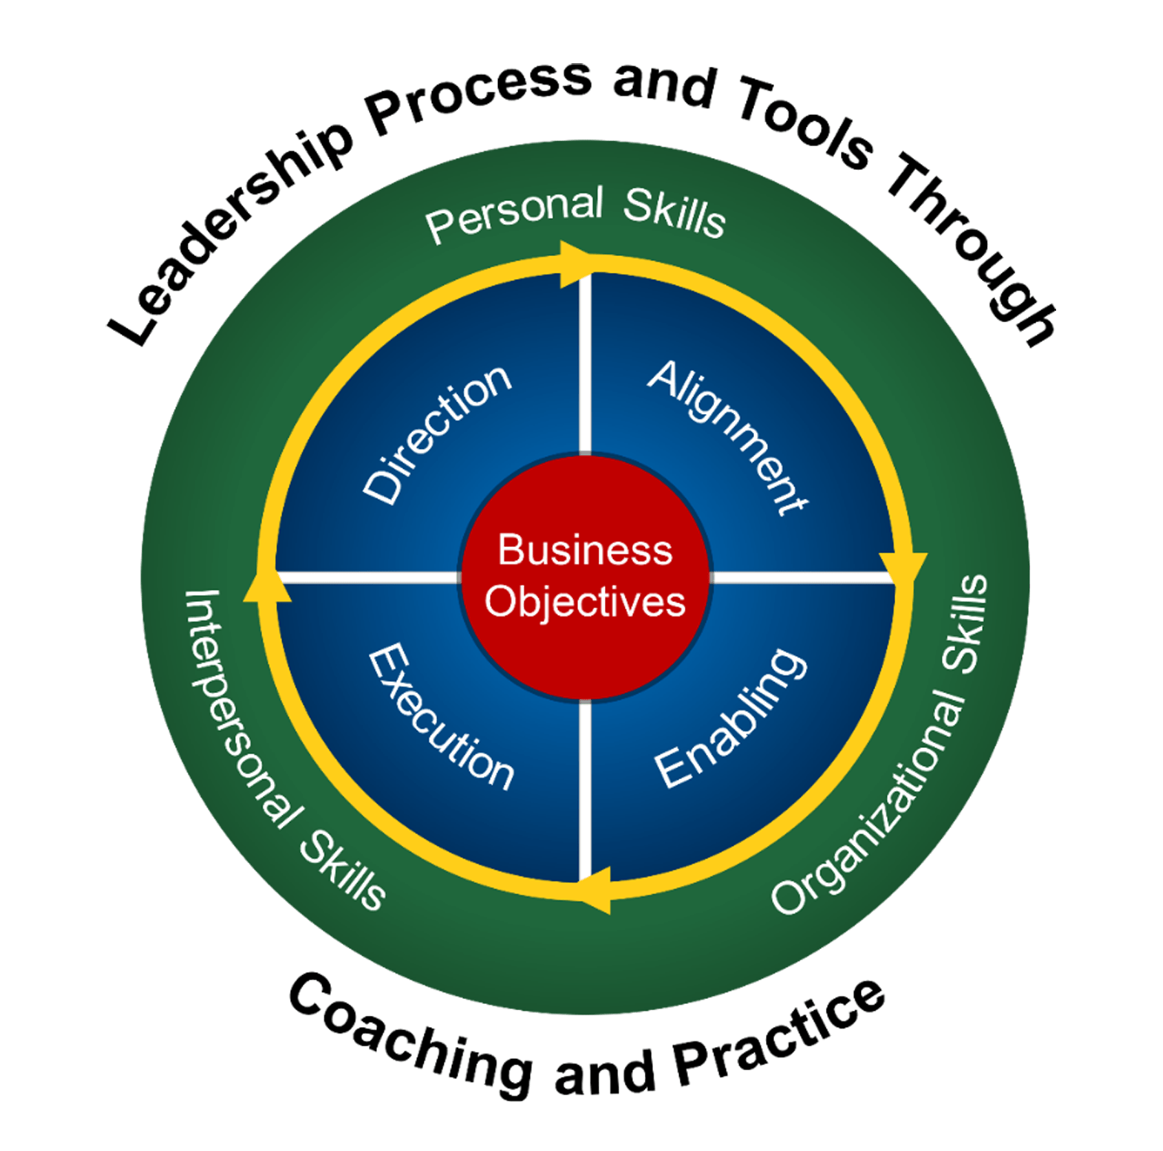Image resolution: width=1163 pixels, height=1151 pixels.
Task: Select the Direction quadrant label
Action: click(x=436, y=436)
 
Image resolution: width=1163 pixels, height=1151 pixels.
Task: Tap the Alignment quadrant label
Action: click(x=728, y=437)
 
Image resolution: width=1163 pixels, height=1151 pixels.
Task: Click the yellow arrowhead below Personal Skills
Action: click(x=573, y=264)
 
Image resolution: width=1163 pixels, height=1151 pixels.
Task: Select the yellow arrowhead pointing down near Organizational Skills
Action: click(x=903, y=568)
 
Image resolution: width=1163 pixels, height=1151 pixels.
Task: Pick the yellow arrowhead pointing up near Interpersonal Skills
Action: click(x=266, y=586)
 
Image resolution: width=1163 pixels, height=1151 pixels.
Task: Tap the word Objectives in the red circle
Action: click(x=585, y=601)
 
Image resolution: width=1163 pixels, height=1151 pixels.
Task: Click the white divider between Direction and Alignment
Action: click(x=585, y=364)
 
